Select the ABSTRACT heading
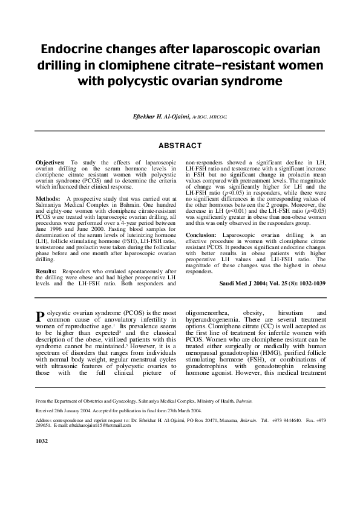click(180, 146)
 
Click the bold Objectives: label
click(50, 163)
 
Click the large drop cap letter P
click(41, 316)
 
